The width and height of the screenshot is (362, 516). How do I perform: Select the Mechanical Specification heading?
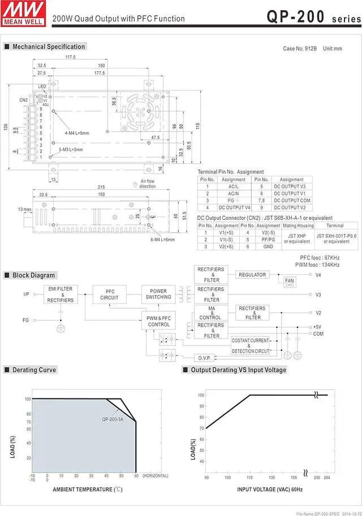click(49, 46)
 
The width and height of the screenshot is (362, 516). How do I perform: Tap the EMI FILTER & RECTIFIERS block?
click(61, 294)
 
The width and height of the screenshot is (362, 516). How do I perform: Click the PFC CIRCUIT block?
click(109, 294)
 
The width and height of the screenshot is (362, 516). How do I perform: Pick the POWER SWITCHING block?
click(158, 294)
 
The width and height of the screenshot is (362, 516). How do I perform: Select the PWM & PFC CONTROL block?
click(158, 321)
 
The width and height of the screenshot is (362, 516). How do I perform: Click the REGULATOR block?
click(252, 275)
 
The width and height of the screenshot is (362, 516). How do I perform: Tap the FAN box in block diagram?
click(290, 281)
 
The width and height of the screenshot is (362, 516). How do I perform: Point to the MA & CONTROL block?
click(210, 313)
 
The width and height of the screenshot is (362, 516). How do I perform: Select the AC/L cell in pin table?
click(234, 186)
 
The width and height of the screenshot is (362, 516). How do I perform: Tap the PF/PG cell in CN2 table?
click(269, 239)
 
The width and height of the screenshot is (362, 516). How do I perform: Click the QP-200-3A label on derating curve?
click(113, 419)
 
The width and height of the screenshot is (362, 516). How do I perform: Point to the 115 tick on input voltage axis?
click(249, 478)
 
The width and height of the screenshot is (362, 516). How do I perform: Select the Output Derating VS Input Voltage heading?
click(238, 370)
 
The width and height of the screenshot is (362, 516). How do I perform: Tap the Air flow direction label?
click(148, 184)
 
